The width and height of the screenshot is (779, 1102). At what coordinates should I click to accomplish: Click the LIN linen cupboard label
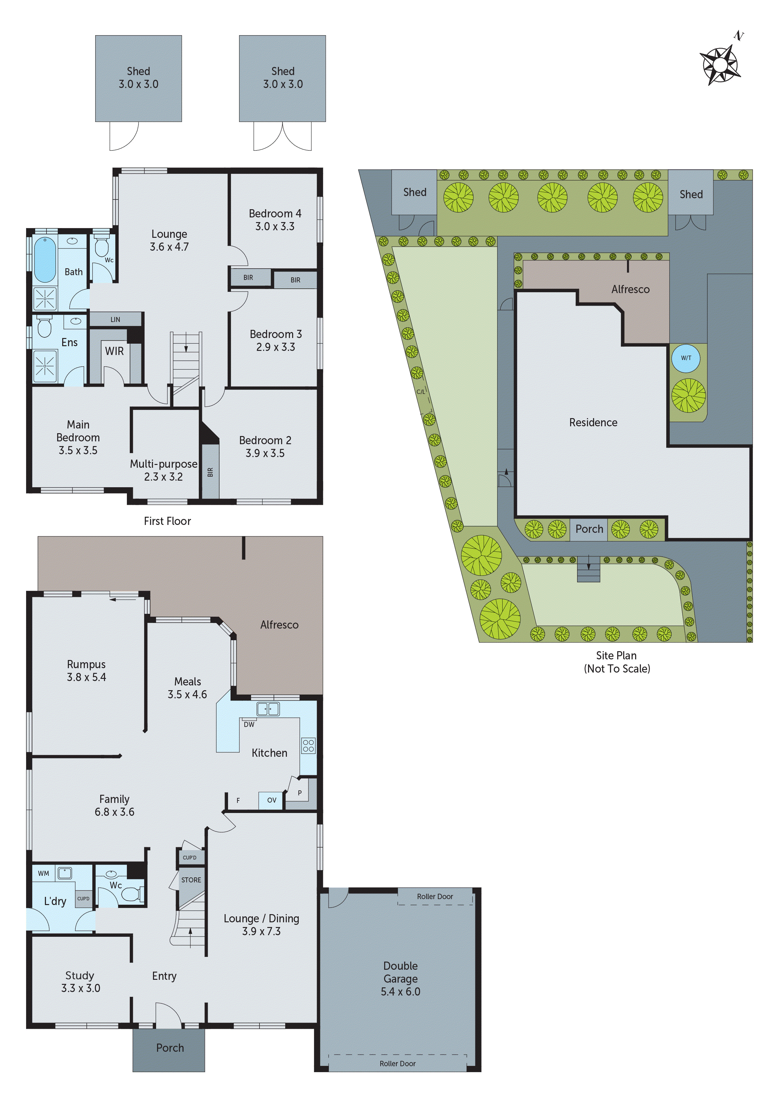click(x=115, y=319)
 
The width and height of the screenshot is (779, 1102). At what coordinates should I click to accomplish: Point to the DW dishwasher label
click(x=249, y=725)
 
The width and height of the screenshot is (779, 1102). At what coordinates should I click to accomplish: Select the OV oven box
click(x=272, y=800)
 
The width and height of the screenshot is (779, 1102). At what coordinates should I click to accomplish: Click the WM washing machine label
click(x=44, y=874)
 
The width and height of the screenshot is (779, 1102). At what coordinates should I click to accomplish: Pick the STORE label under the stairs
click(x=191, y=880)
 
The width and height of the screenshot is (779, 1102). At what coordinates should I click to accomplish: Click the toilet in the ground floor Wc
click(x=131, y=894)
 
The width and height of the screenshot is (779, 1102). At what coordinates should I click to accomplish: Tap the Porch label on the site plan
click(x=589, y=529)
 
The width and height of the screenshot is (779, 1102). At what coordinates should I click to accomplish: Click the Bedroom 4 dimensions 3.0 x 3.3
click(x=275, y=226)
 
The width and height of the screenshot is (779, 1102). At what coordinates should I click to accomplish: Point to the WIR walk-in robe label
click(x=114, y=351)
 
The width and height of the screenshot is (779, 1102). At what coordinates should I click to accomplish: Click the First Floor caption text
click(x=167, y=521)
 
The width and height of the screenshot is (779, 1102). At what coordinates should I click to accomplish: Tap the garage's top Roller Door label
click(x=434, y=896)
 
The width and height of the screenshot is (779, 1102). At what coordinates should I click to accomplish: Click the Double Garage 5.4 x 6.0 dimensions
click(x=400, y=991)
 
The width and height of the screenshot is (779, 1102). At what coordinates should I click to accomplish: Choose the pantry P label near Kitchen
click(x=299, y=793)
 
